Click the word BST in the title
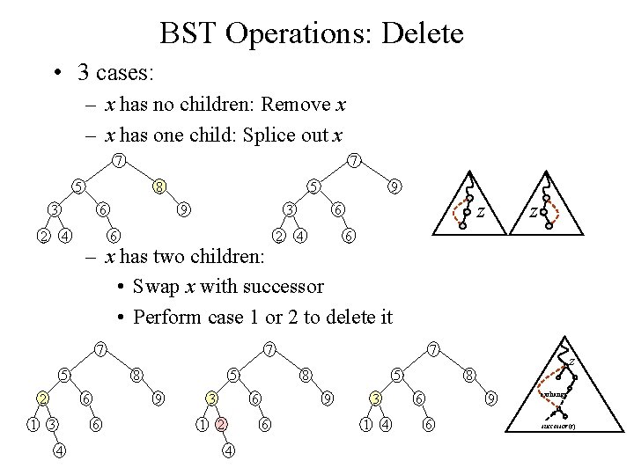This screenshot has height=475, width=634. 185,34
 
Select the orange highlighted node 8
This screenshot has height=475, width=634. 158,186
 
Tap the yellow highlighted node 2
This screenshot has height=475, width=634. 42,399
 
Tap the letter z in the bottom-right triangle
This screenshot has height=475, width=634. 571,361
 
